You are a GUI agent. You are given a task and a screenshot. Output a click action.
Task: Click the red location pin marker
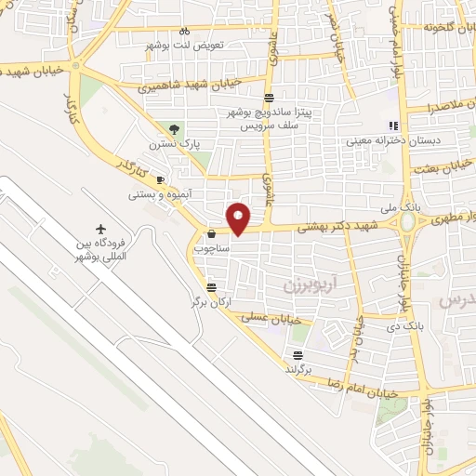click(239, 218)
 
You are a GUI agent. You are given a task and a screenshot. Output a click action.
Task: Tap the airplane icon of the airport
click(100, 230)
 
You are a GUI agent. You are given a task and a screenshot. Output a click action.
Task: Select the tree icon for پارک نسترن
click(174, 128)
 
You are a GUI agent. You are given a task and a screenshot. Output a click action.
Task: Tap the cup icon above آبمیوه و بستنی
click(161, 179)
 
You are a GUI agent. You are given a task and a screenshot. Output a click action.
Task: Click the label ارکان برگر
click(210, 302)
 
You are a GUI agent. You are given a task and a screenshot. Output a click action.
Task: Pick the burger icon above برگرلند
click(297, 354)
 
